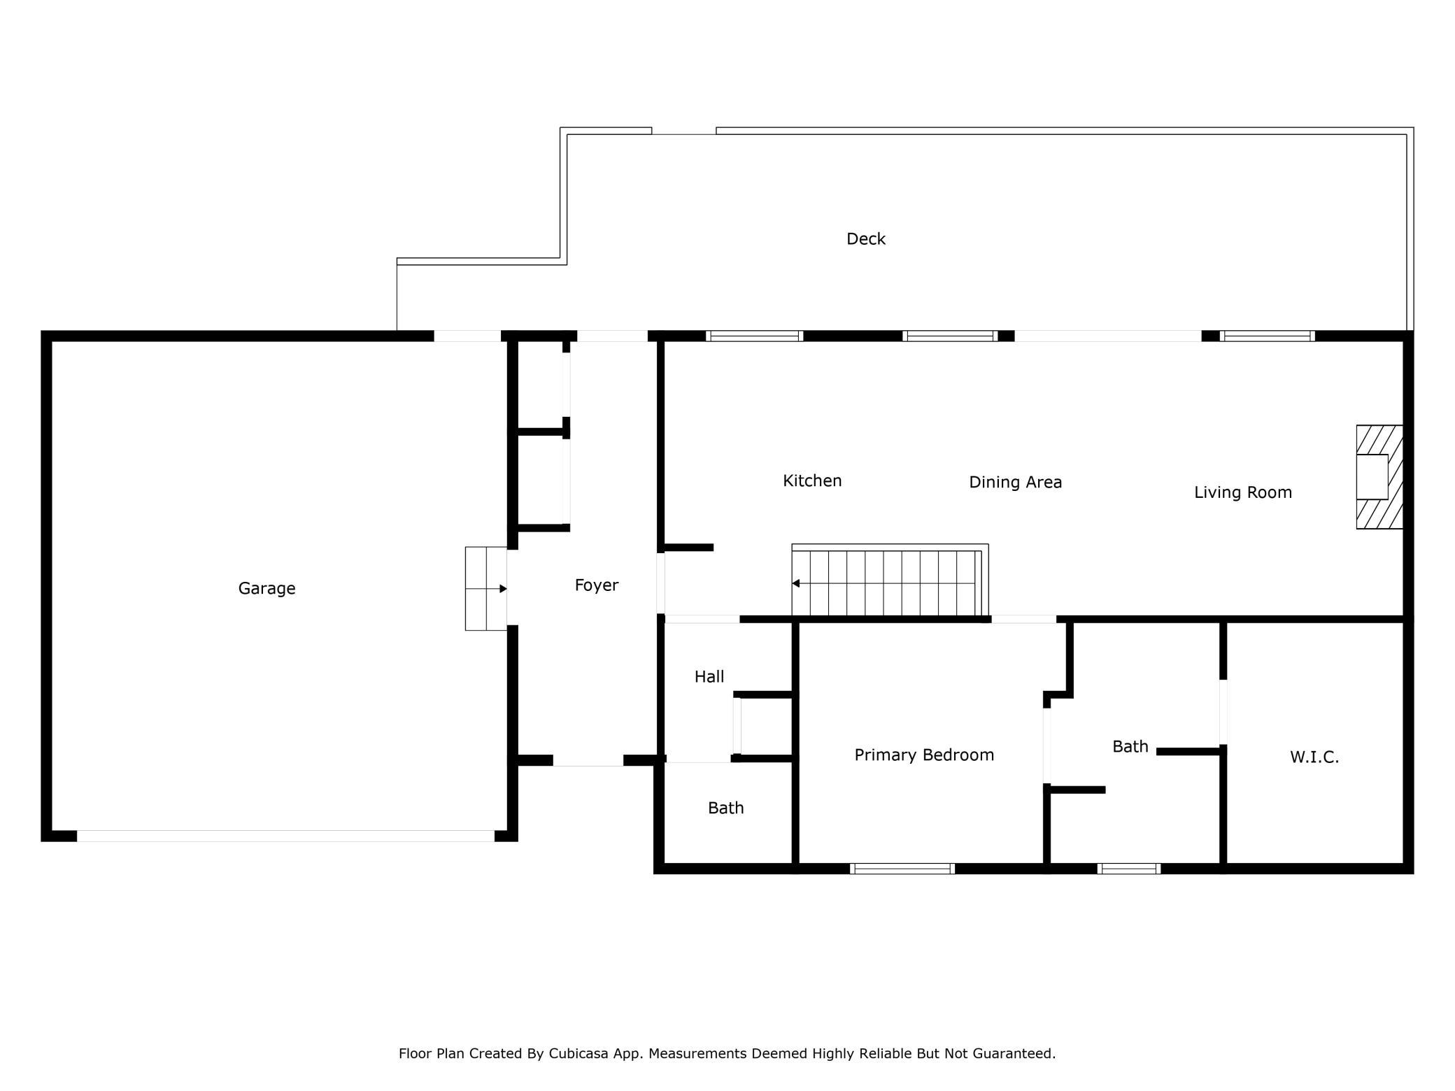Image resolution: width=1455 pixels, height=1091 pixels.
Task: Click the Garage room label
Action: (x=267, y=589)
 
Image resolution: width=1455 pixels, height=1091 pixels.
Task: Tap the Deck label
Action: (x=866, y=239)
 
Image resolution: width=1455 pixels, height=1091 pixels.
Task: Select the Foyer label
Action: (x=597, y=585)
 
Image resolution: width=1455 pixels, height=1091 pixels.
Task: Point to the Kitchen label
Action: (x=812, y=480)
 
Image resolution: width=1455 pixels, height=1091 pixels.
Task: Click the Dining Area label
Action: (x=1015, y=483)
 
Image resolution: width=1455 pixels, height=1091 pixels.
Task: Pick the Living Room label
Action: (x=1243, y=492)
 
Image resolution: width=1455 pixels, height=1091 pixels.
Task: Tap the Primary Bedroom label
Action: (x=924, y=755)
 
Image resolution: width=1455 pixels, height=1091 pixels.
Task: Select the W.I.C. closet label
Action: (x=1314, y=757)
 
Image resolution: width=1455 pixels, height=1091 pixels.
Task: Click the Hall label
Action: (x=709, y=676)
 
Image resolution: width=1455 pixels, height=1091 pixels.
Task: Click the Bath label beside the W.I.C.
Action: (x=1130, y=747)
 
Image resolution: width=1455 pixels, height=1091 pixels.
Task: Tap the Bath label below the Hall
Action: (x=726, y=808)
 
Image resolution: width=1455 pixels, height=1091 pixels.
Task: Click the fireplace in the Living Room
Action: (x=1379, y=477)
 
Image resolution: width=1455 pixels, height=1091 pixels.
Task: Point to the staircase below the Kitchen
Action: (x=890, y=580)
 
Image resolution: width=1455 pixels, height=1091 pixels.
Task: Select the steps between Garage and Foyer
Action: (x=486, y=589)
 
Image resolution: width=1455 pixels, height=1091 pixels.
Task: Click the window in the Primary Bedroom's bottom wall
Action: (x=902, y=869)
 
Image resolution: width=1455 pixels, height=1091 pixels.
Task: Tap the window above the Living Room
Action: (x=1267, y=336)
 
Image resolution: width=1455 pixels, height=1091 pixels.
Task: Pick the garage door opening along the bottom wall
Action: (x=285, y=836)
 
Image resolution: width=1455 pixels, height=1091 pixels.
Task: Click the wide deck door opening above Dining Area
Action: (x=1108, y=336)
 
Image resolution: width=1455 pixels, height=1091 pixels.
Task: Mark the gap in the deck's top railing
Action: (x=683, y=131)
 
